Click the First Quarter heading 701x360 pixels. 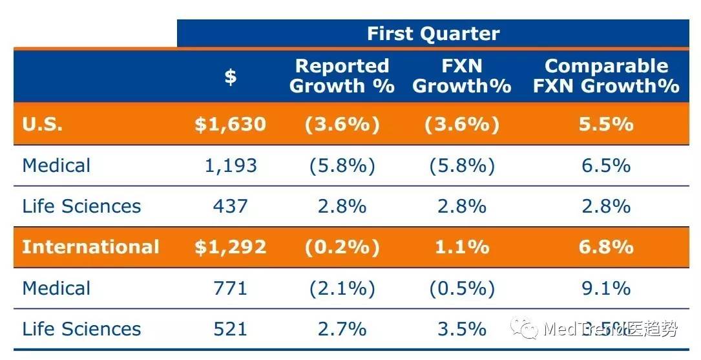coord(433,34)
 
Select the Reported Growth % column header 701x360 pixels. coord(342,76)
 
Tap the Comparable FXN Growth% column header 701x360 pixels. coord(605,76)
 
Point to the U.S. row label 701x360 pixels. coord(43,124)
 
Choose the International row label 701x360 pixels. coord(90,247)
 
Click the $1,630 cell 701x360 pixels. coord(231,124)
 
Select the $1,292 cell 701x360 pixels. coord(231,247)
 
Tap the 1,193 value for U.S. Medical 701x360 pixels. coord(231,165)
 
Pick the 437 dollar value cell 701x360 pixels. coord(231,206)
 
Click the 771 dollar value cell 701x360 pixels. coord(231,288)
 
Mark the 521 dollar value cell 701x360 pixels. coord(231,329)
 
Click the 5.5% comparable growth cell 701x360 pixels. coord(605,124)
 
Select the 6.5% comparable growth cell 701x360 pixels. coord(605,165)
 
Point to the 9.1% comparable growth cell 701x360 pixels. coord(605,288)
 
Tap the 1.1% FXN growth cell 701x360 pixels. coord(461,247)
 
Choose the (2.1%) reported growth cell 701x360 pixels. coord(342,288)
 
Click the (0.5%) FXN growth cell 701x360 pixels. coord(461,288)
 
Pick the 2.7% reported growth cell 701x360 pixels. coord(342,329)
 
